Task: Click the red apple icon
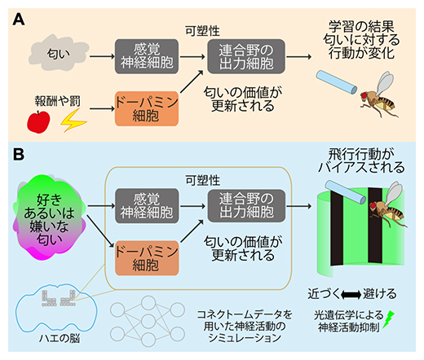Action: [38, 121]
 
